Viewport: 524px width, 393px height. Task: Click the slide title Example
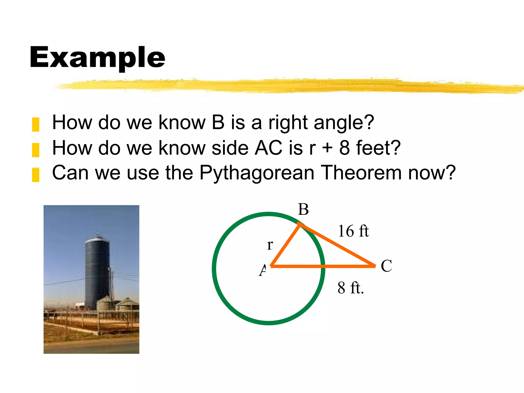click(97, 58)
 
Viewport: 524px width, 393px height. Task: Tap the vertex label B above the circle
click(303, 209)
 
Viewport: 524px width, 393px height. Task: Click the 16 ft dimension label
click(353, 231)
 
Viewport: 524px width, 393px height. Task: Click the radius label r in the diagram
click(270, 245)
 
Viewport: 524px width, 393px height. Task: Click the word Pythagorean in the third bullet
click(257, 173)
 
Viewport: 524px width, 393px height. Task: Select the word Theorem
click(361, 172)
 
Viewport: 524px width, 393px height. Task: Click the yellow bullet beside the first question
click(36, 124)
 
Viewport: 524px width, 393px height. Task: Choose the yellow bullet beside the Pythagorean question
click(36, 175)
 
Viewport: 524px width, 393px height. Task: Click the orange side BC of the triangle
click(338, 245)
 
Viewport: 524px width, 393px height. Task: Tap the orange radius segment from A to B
click(285, 245)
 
